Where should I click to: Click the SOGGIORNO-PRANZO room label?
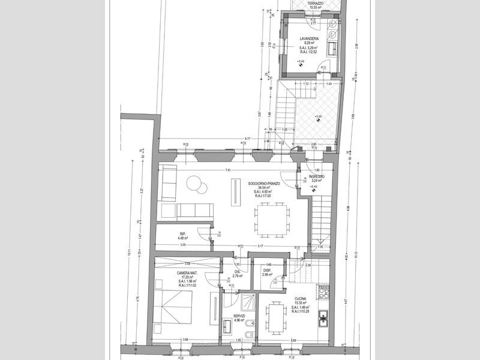[x=262, y=182]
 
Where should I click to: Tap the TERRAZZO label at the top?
[x=314, y=4]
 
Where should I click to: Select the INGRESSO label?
[x=317, y=177]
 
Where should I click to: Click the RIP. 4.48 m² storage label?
[x=182, y=236]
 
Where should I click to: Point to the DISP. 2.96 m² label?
[x=269, y=271]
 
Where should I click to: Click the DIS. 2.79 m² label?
[x=237, y=273]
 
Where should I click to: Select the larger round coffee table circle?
[x=193, y=182]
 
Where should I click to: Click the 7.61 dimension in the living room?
[x=228, y=170]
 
